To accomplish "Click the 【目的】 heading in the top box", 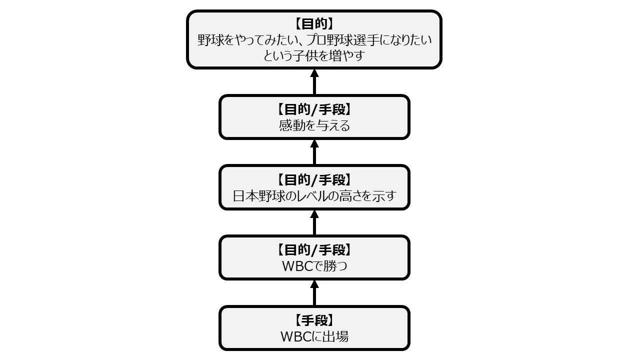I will tap(314, 24).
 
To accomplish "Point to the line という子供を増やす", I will tap(314, 56).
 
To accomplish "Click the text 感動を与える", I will tap(314, 125).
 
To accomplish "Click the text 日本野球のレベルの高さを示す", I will tap(314, 195).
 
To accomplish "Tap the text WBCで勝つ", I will tap(314, 266).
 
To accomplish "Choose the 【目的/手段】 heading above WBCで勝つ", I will tap(314, 249).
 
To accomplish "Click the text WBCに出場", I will tap(314, 336).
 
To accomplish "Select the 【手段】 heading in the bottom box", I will tap(314, 320).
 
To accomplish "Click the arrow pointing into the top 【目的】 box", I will tap(314, 81).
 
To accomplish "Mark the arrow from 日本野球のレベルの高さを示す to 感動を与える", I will tap(314, 151).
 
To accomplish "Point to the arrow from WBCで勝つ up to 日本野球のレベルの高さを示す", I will tap(314, 222).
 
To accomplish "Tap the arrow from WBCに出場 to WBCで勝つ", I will tap(314, 292).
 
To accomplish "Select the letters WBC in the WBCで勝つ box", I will tap(295, 266).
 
